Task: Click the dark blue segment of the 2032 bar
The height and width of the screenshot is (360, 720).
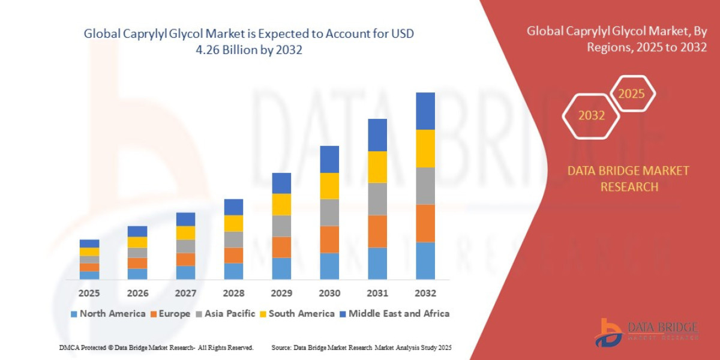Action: pyautogui.click(x=425, y=111)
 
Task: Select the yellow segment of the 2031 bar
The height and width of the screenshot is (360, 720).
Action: pyautogui.click(x=377, y=167)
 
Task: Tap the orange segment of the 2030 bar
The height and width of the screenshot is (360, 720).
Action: pyautogui.click(x=329, y=239)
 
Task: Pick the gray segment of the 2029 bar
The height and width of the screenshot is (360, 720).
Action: pyautogui.click(x=281, y=226)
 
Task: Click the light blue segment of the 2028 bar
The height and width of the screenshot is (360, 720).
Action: pyautogui.click(x=233, y=271)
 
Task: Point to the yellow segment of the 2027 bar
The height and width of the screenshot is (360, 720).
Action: pyautogui.click(x=185, y=233)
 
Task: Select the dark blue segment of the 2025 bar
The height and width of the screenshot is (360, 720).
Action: pyautogui.click(x=89, y=244)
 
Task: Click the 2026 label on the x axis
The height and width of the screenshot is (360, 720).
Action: pyautogui.click(x=137, y=293)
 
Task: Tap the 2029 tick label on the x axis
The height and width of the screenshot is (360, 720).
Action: pyautogui.click(x=281, y=293)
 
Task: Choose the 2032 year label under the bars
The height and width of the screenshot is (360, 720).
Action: pyautogui.click(x=425, y=293)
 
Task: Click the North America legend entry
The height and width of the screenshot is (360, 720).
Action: pyautogui.click(x=108, y=313)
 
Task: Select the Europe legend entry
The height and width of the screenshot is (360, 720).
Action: pyautogui.click(x=170, y=313)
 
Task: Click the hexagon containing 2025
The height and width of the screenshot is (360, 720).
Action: pyautogui.click(x=631, y=94)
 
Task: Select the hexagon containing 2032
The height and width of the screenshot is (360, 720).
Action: pyautogui.click(x=591, y=115)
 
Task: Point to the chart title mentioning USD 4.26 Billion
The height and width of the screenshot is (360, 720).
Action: pyautogui.click(x=248, y=42)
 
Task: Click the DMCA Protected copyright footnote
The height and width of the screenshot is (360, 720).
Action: pyautogui.click(x=156, y=347)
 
